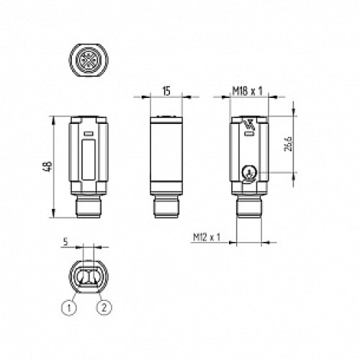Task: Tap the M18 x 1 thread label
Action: (x=246, y=91)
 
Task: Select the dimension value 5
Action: (x=66, y=243)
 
